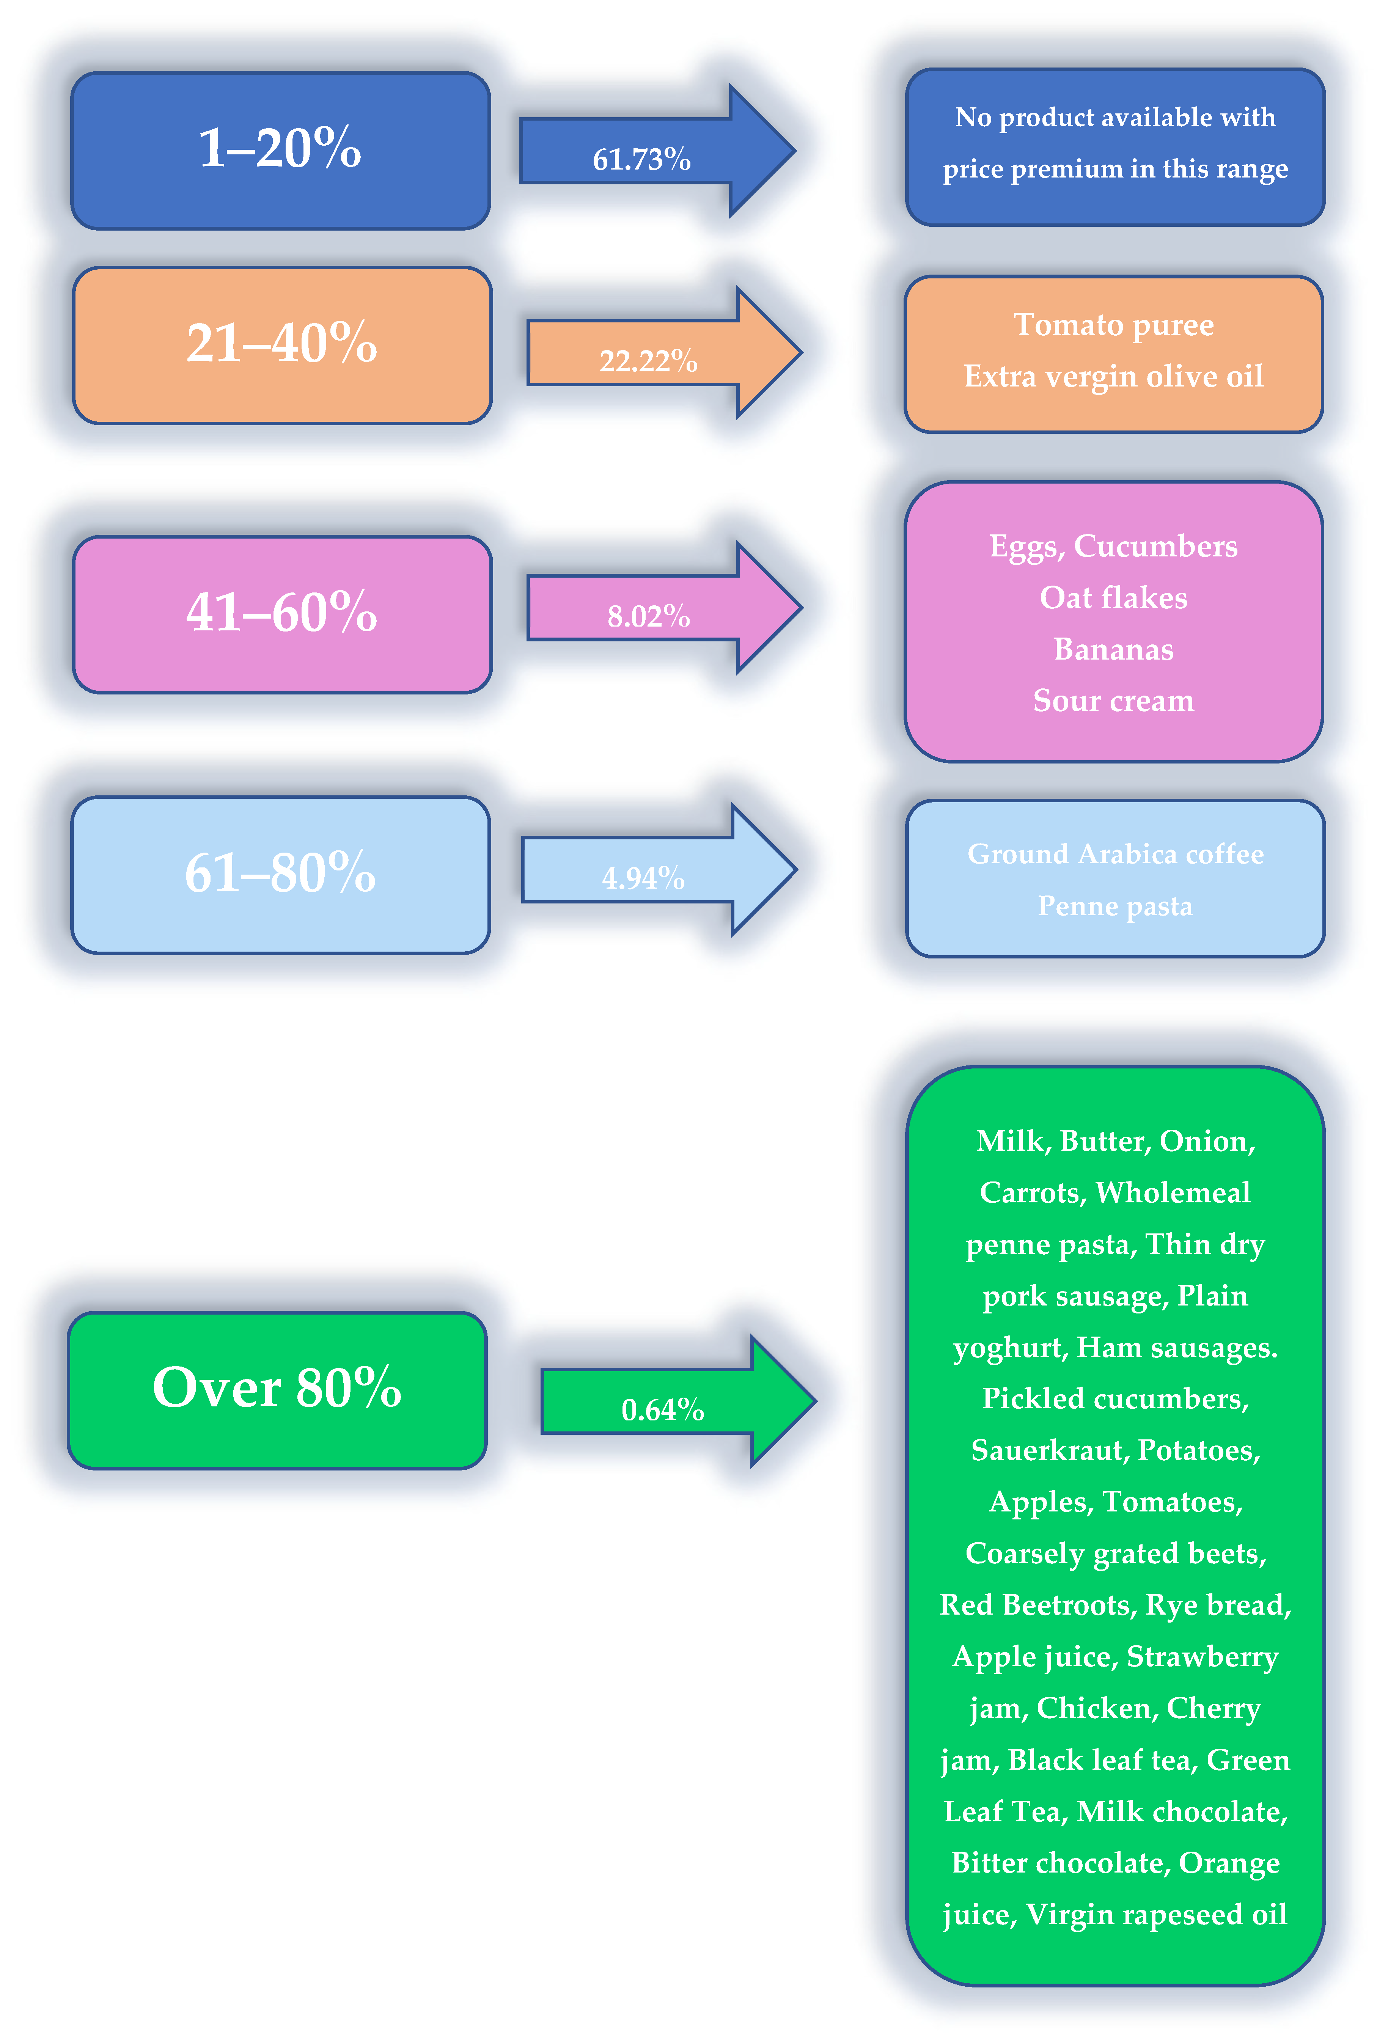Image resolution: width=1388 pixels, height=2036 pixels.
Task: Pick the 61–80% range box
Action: [x=280, y=874]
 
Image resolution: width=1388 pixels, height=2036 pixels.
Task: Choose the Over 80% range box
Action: [x=277, y=1389]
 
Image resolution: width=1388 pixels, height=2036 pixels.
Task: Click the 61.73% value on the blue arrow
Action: [x=641, y=159]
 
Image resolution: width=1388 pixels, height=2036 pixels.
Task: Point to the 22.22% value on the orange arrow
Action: [x=648, y=361]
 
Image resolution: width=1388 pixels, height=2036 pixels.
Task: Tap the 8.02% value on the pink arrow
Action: [x=648, y=617]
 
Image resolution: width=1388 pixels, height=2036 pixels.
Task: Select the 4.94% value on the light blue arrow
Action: [x=643, y=878]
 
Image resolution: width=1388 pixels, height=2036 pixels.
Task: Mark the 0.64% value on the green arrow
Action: [x=662, y=1409]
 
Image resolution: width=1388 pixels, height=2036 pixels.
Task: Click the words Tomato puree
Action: [x=1114, y=325]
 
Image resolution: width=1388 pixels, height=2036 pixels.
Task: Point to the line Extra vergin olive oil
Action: [x=1114, y=377]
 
